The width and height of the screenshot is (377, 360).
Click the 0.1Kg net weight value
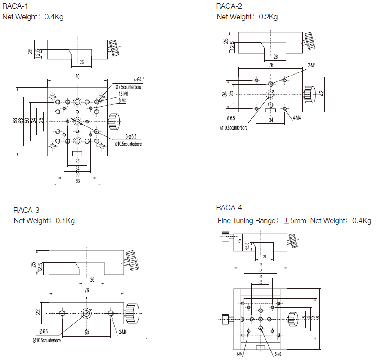tap(65, 221)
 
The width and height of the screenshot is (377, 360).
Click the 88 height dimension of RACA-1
tap(15, 121)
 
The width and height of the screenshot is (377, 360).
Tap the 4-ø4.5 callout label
tap(126, 79)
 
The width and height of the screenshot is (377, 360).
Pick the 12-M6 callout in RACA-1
tap(123, 94)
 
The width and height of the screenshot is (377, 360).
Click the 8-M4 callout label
tap(122, 100)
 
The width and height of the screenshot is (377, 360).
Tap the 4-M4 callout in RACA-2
tap(296, 118)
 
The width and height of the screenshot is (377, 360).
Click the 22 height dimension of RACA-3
tap(38, 311)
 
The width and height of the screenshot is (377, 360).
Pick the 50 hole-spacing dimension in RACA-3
tap(86, 333)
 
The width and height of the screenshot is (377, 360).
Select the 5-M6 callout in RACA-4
tap(277, 354)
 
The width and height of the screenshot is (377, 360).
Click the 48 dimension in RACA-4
tap(260, 270)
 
